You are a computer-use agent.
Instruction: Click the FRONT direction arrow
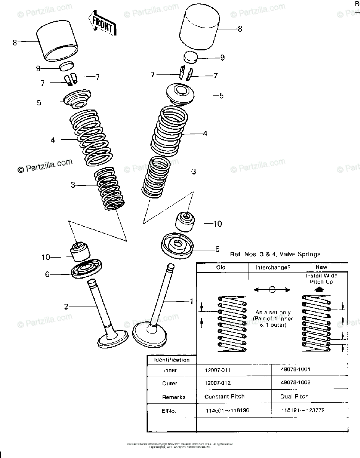point(102,25)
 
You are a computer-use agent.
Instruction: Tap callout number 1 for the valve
point(192,301)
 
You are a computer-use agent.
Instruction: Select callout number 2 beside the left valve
point(66,306)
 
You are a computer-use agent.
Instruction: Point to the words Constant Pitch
point(224,397)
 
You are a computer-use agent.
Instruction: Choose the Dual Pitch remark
point(294,397)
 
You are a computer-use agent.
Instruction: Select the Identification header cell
point(171,360)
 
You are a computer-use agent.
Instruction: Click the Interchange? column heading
point(273,267)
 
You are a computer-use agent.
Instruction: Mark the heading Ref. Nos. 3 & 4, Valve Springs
point(275,254)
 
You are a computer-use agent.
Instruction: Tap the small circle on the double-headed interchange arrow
point(271,290)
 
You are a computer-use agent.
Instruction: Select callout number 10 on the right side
point(217,224)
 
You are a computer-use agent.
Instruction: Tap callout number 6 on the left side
point(47,274)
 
